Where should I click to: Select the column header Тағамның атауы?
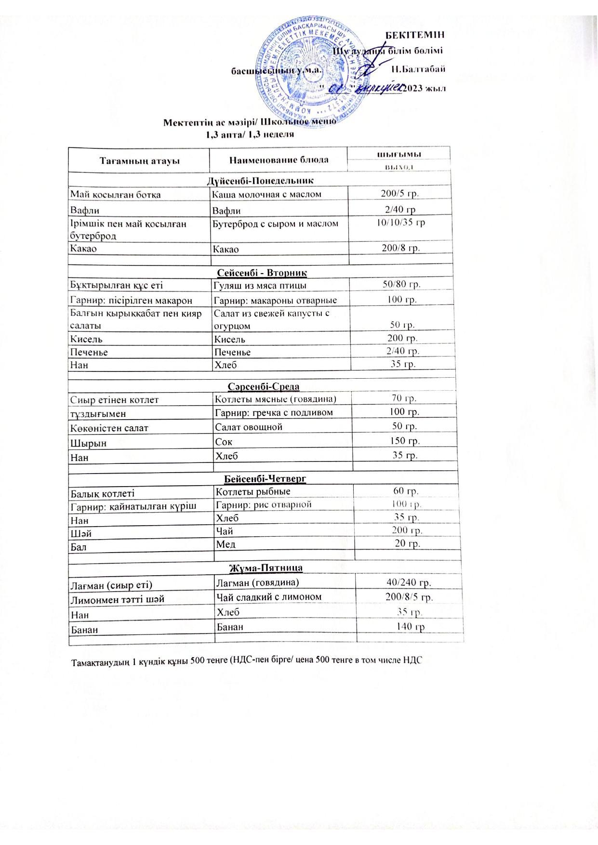140,160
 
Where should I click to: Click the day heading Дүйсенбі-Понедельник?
260,181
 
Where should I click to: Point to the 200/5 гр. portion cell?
399,193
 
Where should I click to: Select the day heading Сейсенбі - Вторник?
262,273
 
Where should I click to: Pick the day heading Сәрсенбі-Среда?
263,387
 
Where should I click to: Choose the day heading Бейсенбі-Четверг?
265,479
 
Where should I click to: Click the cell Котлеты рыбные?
253,491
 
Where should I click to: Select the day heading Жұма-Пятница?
266,568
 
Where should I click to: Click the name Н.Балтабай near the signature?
418,68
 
